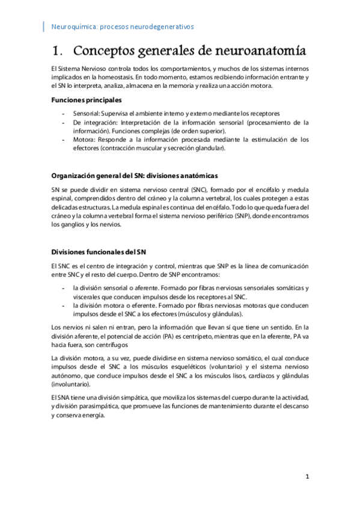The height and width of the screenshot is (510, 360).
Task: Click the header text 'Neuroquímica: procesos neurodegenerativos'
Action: [123, 27]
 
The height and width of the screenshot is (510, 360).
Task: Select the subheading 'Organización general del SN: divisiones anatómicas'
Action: [134, 176]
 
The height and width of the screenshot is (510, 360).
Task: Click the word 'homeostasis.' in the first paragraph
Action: [112, 78]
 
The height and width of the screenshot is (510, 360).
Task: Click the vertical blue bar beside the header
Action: [44, 26]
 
